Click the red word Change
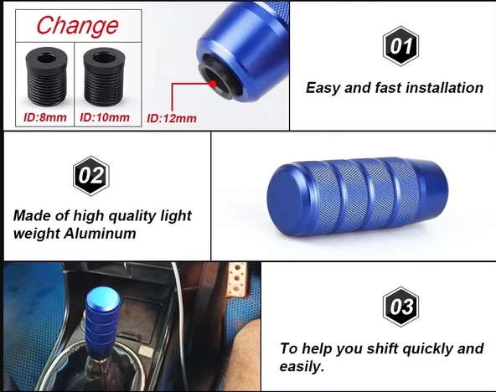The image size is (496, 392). coord(77,26)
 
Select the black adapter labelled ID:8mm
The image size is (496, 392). coord(46,76)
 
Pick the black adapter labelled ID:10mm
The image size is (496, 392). coord(104,76)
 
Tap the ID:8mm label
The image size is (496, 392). coord(45,117)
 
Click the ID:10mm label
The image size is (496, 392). coord(105,117)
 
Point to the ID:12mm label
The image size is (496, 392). coord(172,118)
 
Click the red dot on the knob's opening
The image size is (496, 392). coord(213,84)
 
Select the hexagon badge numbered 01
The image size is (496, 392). coord(400,46)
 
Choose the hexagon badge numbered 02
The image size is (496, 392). coord(91,176)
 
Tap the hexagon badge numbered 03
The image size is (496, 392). coord(400,307)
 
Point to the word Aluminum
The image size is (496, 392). coord(100,234)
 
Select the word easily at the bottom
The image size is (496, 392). coord(302,367)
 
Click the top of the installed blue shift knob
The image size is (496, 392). coord(103,297)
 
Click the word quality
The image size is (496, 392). coord(132,217)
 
